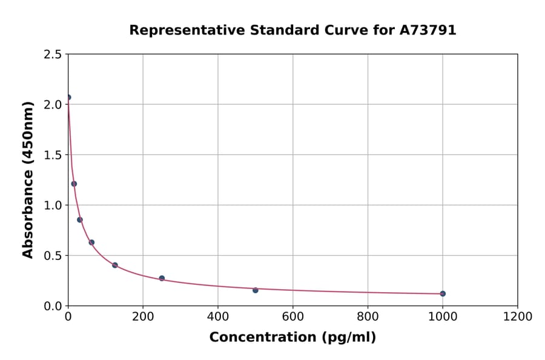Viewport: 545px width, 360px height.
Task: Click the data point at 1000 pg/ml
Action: pyautogui.click(x=443, y=293)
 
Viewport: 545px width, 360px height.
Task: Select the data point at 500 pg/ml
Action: pyautogui.click(x=256, y=290)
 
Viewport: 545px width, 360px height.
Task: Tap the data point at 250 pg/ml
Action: pyautogui.click(x=162, y=278)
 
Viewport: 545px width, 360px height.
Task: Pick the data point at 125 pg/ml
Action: pyautogui.click(x=115, y=265)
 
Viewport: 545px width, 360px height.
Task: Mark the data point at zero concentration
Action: pyautogui.click(x=68, y=97)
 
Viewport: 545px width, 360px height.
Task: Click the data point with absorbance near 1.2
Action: pyautogui.click(x=74, y=184)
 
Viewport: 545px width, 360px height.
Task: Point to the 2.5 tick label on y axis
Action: pyautogui.click(x=52, y=55)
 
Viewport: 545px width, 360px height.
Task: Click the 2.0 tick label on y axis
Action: pyautogui.click(x=52, y=105)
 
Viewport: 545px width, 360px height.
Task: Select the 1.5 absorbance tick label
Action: pyautogui.click(x=52, y=155)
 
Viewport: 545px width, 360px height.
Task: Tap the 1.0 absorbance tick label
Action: pyautogui.click(x=52, y=205)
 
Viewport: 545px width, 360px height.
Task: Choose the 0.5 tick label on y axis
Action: pyautogui.click(x=52, y=256)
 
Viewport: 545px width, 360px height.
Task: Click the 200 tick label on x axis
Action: pyautogui.click(x=143, y=316)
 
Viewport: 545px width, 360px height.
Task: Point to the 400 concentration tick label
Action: pyautogui.click(x=218, y=316)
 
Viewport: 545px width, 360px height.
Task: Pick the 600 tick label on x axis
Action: pyautogui.click(x=293, y=316)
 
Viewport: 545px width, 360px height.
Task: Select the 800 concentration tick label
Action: pyautogui.click(x=368, y=316)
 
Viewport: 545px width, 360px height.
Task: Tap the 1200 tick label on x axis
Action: pyautogui.click(x=518, y=316)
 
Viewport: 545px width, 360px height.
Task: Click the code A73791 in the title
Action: pyautogui.click(x=428, y=30)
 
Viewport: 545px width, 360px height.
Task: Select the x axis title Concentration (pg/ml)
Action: pyautogui.click(x=292, y=338)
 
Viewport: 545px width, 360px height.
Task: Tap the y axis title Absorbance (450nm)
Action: pyautogui.click(x=28, y=179)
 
